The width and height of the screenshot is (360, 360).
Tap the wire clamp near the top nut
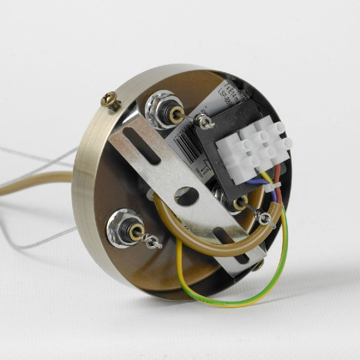click(207, 122)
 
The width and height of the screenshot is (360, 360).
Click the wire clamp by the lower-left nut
click(153, 241)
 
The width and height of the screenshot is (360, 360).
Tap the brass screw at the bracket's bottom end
click(258, 265)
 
